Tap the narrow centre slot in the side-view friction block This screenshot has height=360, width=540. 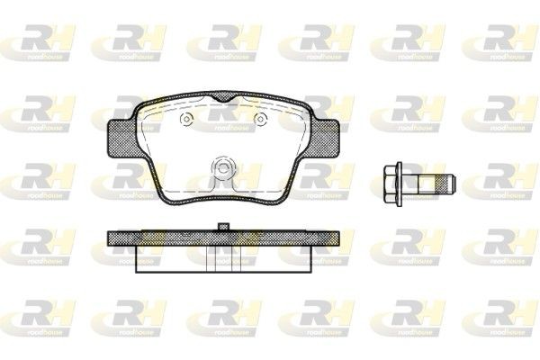pos(220,258)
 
